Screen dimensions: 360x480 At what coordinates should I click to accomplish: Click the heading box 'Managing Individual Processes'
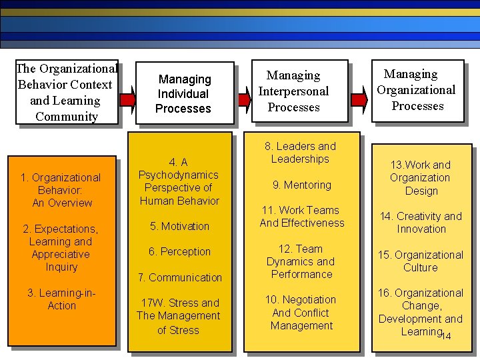[183, 94]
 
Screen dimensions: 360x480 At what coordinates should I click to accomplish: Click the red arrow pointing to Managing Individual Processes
[127, 100]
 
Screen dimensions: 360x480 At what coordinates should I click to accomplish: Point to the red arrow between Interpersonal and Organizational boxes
[359, 99]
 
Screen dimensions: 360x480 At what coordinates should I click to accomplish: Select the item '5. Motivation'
[179, 226]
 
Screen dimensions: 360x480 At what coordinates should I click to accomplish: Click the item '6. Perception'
[179, 251]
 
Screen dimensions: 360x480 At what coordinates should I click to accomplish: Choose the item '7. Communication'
[179, 277]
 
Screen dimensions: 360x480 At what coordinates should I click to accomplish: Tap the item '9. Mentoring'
[301, 185]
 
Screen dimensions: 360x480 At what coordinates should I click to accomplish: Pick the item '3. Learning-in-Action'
[61, 299]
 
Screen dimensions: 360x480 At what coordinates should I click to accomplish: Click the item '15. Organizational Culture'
[420, 261]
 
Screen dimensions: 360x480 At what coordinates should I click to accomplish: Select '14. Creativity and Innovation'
[421, 223]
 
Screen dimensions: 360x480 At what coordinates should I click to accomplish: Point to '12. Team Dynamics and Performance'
[301, 261]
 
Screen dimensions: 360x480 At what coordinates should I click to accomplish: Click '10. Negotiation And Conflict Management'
[301, 313]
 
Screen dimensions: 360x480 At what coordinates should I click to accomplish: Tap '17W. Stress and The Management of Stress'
[178, 316]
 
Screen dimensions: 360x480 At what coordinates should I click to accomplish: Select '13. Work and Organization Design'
[420, 177]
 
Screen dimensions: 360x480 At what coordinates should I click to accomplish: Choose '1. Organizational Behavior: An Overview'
[61, 190]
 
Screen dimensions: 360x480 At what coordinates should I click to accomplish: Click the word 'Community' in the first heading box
[67, 117]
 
